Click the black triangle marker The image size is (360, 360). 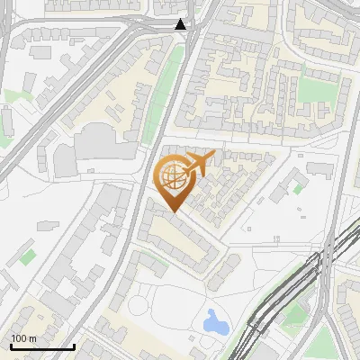click(182, 24)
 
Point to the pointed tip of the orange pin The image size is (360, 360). click(173, 212)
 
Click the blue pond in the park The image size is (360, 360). click(215, 321)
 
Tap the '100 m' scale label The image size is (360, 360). click(24, 338)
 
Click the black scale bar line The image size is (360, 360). click(42, 346)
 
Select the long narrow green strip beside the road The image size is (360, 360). click(158, 90)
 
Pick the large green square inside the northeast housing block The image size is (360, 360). click(315, 90)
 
